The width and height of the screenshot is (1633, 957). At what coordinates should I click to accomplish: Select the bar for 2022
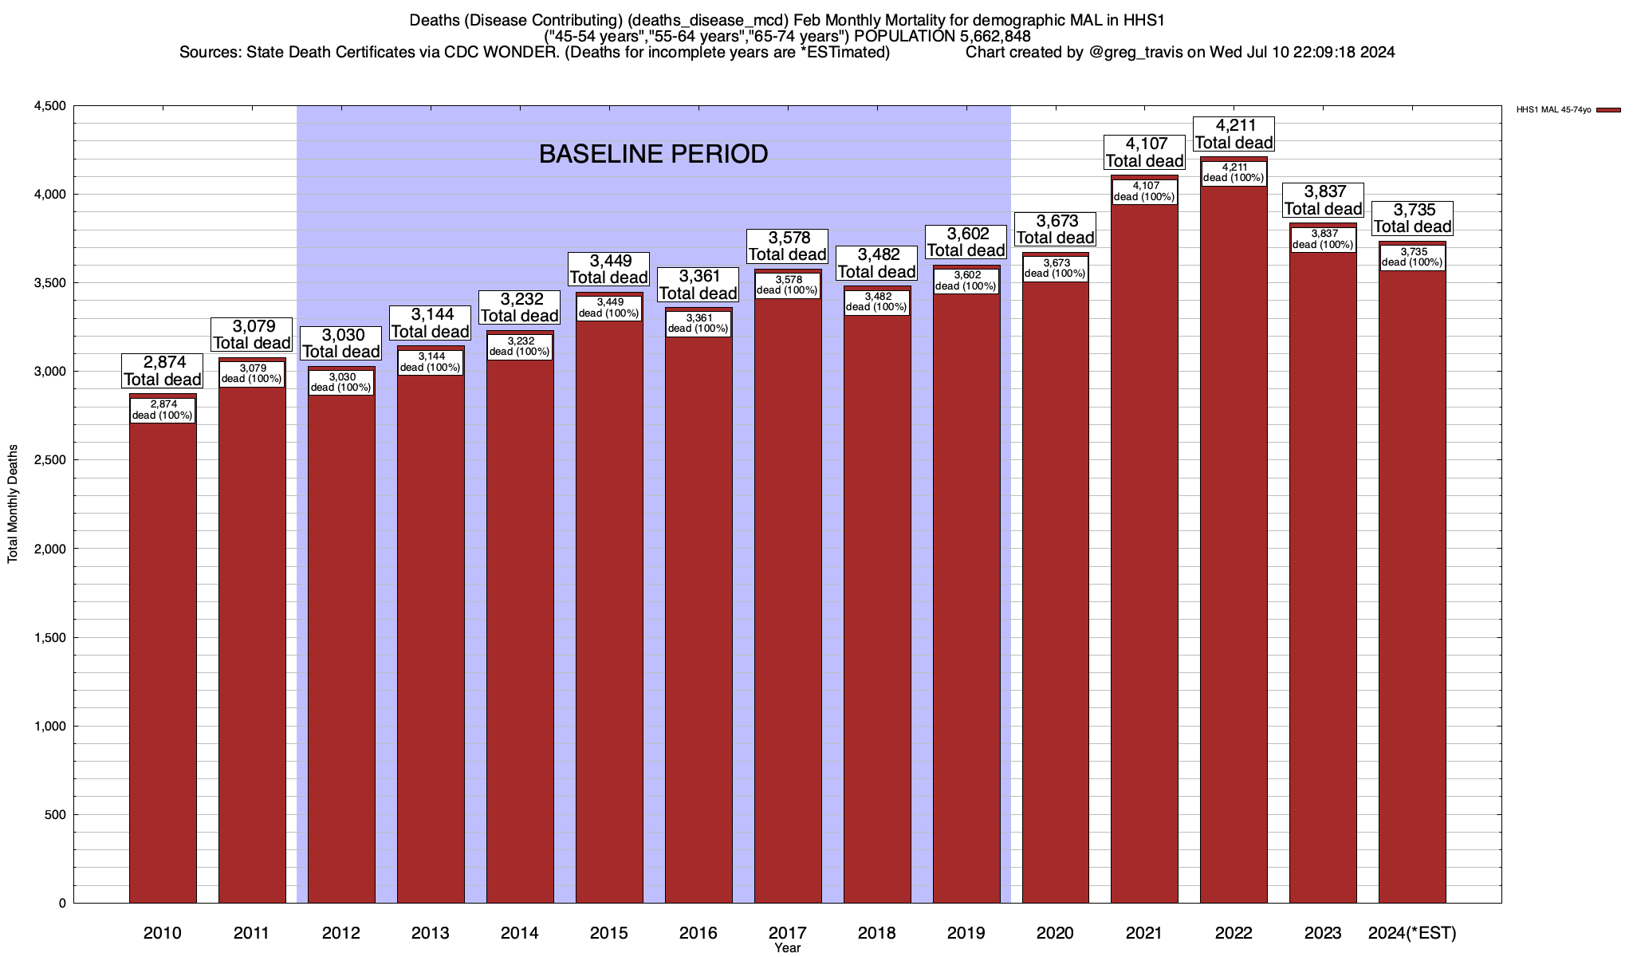point(1234,542)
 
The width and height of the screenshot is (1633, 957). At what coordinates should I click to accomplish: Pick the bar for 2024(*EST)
point(1412,590)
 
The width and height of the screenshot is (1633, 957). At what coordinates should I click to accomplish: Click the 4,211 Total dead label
point(1234,134)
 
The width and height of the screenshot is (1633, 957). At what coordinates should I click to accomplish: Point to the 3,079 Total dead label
point(252,335)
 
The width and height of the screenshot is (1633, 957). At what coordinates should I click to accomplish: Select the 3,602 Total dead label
point(966,242)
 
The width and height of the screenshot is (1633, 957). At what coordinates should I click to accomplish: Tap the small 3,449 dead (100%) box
point(609,308)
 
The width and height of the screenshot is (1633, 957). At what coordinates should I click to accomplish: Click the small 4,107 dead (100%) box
point(1144,191)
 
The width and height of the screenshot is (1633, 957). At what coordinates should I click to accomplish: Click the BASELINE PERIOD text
point(653,154)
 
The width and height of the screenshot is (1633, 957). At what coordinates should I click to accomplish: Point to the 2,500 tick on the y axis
point(49,460)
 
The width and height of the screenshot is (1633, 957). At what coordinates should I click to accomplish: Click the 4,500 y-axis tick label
point(49,106)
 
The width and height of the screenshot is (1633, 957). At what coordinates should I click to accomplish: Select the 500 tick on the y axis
point(56,814)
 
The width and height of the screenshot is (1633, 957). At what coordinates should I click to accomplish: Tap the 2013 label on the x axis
point(431,933)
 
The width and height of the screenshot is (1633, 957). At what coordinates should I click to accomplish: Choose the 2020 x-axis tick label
point(1055,933)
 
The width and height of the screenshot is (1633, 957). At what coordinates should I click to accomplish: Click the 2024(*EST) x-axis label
point(1412,933)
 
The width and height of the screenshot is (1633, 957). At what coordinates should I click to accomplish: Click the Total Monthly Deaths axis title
point(13,504)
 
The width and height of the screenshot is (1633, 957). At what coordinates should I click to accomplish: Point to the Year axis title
point(787,948)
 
